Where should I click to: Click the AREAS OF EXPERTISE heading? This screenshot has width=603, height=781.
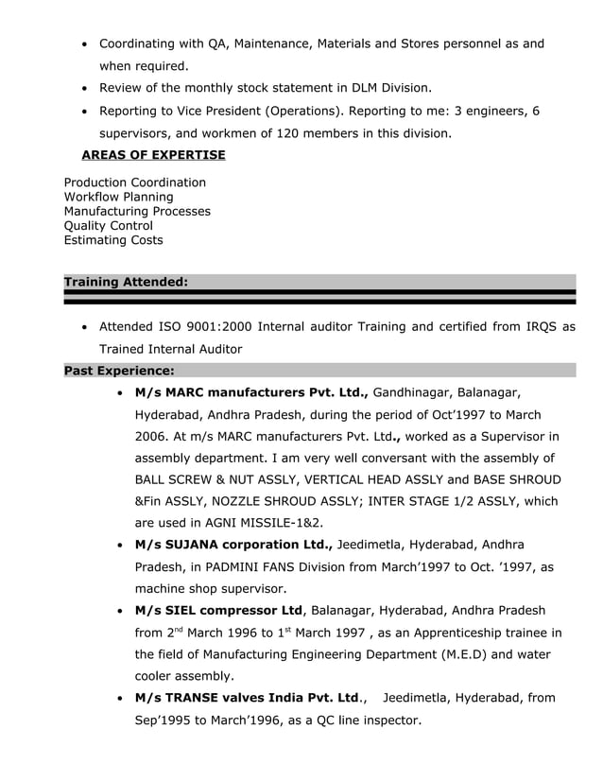coord(153,155)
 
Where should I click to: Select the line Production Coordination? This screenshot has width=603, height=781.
coord(134,182)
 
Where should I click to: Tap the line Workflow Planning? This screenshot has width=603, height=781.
coord(118,197)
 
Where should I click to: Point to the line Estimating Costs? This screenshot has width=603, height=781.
coord(112,240)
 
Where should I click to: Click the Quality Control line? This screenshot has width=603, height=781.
coord(108,226)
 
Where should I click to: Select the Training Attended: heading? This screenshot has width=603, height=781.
coord(126,282)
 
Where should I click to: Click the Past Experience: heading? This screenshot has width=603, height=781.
coord(118,371)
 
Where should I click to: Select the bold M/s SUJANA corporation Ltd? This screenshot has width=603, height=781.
coord(233,545)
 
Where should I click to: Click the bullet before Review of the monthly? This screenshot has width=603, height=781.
coord(86,89)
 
